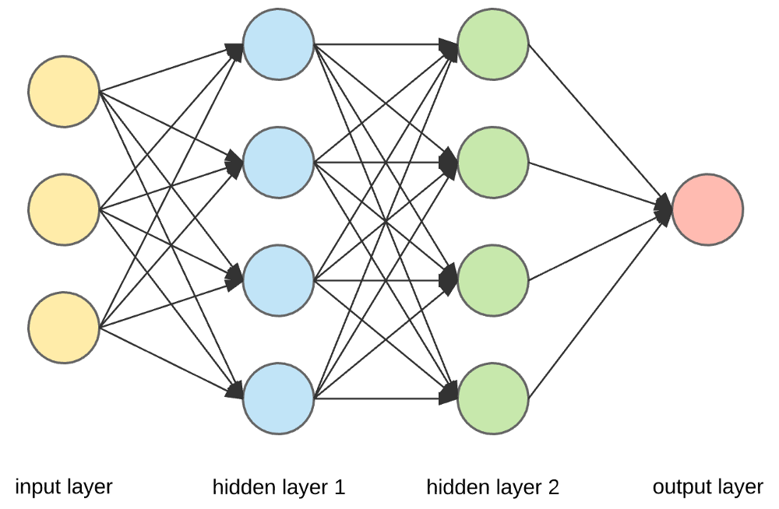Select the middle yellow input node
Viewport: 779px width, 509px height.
[x=64, y=209]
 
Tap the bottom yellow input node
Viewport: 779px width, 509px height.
[x=64, y=328]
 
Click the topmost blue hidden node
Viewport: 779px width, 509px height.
[x=278, y=45]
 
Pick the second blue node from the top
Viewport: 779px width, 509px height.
[x=278, y=163]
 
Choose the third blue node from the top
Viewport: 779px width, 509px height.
[x=278, y=280]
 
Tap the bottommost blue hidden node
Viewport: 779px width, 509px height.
[x=278, y=398]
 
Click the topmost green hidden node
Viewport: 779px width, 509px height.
[x=493, y=45]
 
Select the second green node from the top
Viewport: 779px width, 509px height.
[x=493, y=163]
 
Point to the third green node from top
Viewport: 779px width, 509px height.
[x=493, y=280]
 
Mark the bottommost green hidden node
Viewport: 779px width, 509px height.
[x=493, y=398]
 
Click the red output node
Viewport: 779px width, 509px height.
[x=707, y=209]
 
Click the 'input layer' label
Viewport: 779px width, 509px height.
[x=64, y=488]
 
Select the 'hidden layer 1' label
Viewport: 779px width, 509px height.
[x=278, y=488]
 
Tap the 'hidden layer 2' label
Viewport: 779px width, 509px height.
[x=492, y=488]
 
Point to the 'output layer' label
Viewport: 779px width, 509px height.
[x=707, y=488]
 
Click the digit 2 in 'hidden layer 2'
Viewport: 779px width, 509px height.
[x=552, y=488]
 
